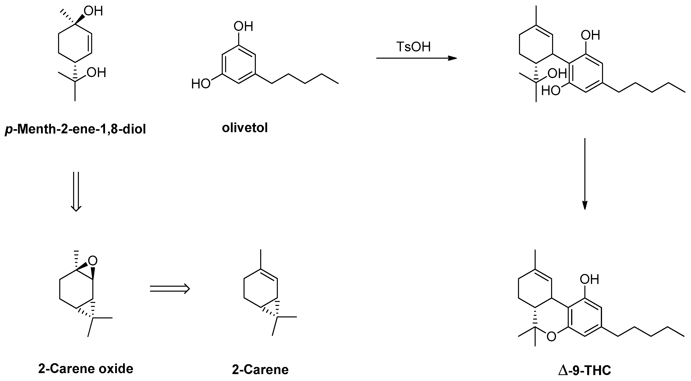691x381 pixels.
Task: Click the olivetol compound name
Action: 245,128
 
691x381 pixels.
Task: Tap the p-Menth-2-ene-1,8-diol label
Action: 75,130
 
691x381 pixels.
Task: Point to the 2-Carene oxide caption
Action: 86,369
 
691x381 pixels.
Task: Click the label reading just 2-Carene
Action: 260,370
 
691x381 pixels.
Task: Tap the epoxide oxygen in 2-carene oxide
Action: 93,260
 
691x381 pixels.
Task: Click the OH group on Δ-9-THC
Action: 589,279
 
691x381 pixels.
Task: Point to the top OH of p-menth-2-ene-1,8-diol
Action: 93,11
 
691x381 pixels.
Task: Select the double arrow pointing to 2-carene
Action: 170,289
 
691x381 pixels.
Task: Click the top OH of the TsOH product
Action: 590,35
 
